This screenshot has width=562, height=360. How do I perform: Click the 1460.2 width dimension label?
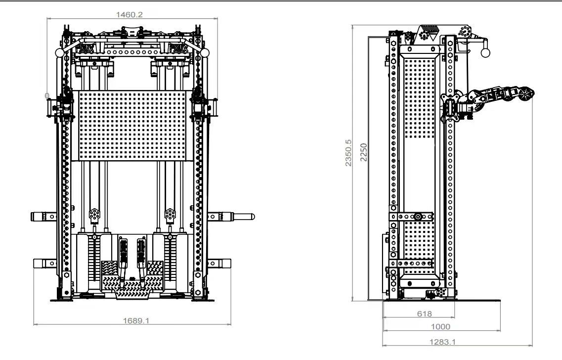pyautogui.click(x=130, y=15)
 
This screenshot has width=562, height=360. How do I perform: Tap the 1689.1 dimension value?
pyautogui.click(x=136, y=320)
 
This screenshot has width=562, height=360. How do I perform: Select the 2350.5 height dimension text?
pyautogui.click(x=348, y=153)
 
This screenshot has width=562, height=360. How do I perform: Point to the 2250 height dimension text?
pyautogui.click(x=364, y=152)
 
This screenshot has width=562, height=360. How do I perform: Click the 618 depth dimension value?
pyautogui.click(x=425, y=314)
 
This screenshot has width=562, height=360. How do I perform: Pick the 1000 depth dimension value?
pyautogui.click(x=440, y=327)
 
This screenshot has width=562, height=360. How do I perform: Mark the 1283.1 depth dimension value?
pyautogui.click(x=443, y=342)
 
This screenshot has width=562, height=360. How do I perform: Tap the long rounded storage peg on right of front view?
pyautogui.click(x=243, y=217)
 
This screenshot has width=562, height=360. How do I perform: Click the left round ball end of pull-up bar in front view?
pyautogui.click(x=60, y=53)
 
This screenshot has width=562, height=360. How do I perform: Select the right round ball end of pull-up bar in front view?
pyautogui.click(x=205, y=53)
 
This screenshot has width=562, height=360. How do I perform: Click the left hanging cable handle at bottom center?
pyautogui.click(x=123, y=262)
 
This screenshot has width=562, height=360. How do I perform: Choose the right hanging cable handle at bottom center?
pyautogui.click(x=141, y=262)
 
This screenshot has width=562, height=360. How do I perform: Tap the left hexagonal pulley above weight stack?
pyautogui.click(x=94, y=214)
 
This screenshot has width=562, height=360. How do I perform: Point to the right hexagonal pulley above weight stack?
pyautogui.click(x=170, y=214)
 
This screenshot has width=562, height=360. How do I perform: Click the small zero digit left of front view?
pyautogui.click(x=47, y=96)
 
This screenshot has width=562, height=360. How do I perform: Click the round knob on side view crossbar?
pyautogui.click(x=418, y=217)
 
